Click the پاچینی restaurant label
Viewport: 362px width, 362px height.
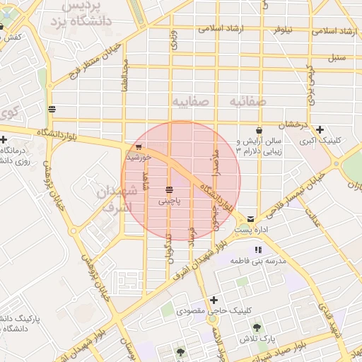[x=169, y=202]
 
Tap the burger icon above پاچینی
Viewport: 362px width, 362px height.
[x=169, y=190]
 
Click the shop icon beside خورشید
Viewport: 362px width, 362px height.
[x=138, y=147]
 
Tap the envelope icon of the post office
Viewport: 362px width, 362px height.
[x=252, y=220]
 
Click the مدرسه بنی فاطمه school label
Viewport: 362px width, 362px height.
[x=257, y=261]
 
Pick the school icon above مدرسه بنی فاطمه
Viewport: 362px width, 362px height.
[x=258, y=250]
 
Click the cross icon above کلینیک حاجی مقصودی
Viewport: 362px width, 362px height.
[x=214, y=299]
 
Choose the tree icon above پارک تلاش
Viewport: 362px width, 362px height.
[x=256, y=327]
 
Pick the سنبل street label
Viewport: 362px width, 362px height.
[x=337, y=57]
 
